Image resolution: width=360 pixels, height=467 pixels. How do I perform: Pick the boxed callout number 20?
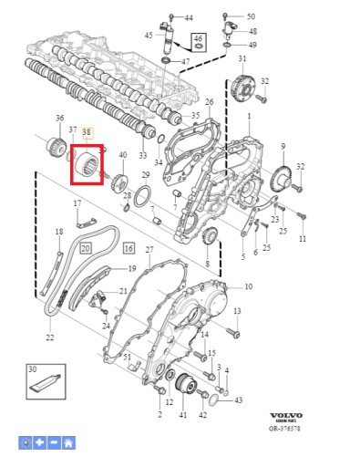click(x=85, y=247)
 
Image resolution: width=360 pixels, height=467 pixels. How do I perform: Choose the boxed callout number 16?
click(x=128, y=247)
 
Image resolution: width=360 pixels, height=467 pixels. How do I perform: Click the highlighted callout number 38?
click(x=87, y=132)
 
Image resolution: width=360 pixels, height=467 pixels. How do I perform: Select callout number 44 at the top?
click(x=188, y=17)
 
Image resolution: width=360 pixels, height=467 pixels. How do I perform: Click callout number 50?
click(x=252, y=16)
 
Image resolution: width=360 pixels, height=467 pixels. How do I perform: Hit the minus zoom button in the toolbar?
click(x=54, y=442)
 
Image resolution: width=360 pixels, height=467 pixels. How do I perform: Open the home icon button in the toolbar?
click(x=68, y=442)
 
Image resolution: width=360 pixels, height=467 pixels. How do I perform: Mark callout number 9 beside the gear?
click(x=283, y=146)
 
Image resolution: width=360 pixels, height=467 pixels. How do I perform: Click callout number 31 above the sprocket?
click(x=242, y=59)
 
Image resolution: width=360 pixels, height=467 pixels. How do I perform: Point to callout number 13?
click(x=235, y=312)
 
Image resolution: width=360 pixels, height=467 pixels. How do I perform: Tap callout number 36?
click(x=59, y=119)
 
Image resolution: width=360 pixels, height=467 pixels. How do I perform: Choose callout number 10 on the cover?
click(x=248, y=286)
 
